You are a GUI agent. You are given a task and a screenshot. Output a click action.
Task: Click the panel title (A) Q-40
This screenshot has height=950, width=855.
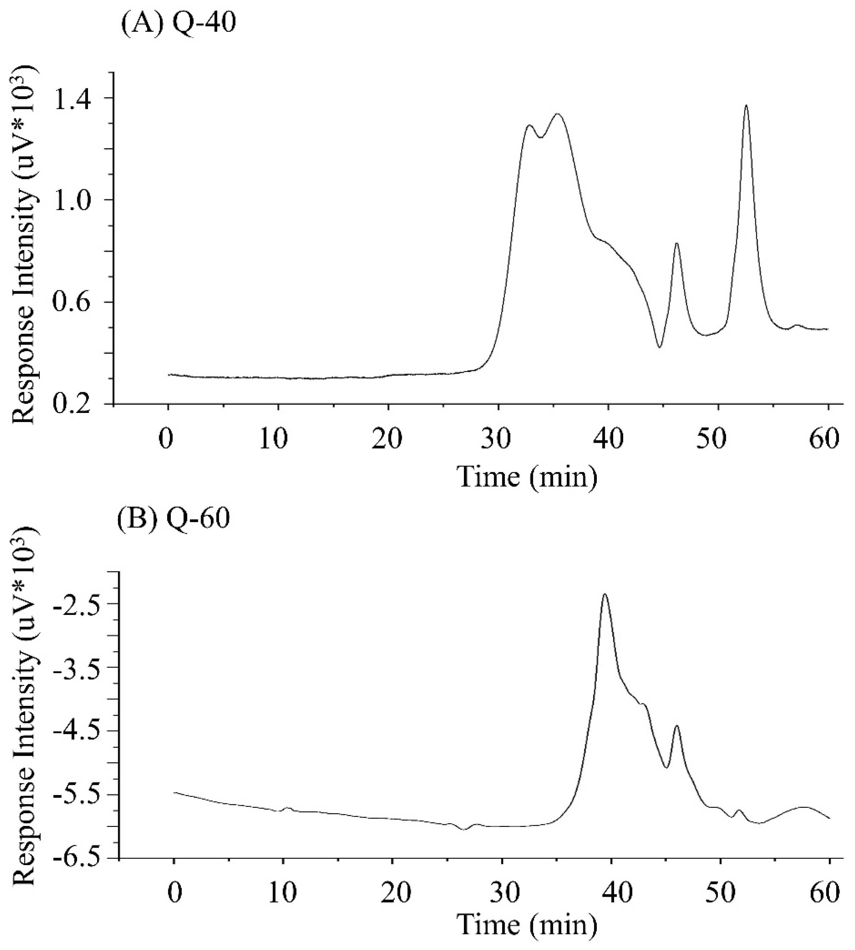click(178, 22)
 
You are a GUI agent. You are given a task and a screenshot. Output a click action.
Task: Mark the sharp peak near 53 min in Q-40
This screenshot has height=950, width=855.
click(746, 106)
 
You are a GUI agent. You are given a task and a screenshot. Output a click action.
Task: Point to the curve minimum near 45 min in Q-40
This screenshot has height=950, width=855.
click(660, 347)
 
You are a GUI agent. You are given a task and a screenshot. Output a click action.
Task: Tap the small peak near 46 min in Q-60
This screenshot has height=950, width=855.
click(676, 726)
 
